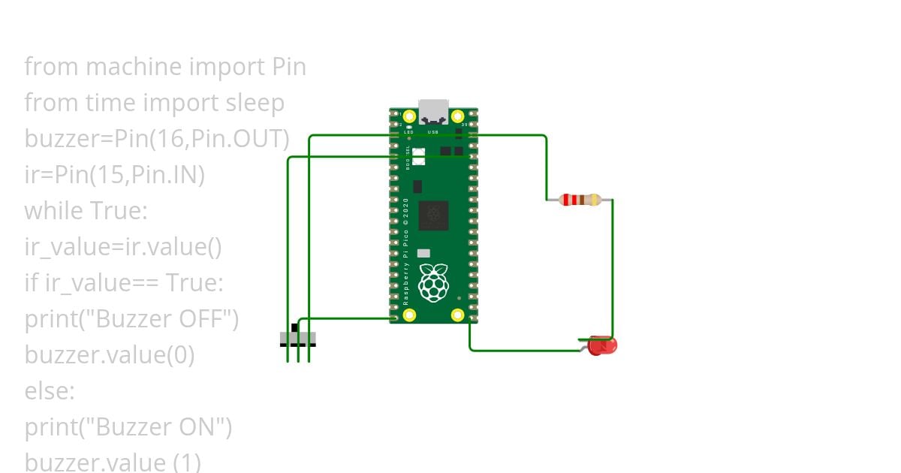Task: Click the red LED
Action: [602, 346]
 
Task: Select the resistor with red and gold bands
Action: [580, 200]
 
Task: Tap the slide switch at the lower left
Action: [298, 338]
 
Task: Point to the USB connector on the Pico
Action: [433, 112]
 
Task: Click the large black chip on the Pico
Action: [433, 215]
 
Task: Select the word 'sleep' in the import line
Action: [252, 103]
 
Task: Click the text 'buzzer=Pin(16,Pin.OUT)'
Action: [157, 139]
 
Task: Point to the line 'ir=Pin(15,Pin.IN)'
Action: [114, 175]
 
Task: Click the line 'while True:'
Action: [86, 211]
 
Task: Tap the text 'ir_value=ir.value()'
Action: [123, 247]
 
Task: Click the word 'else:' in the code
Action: [50, 391]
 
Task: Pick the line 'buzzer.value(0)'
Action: [110, 355]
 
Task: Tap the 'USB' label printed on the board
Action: [432, 132]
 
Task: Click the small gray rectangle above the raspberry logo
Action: [423, 254]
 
